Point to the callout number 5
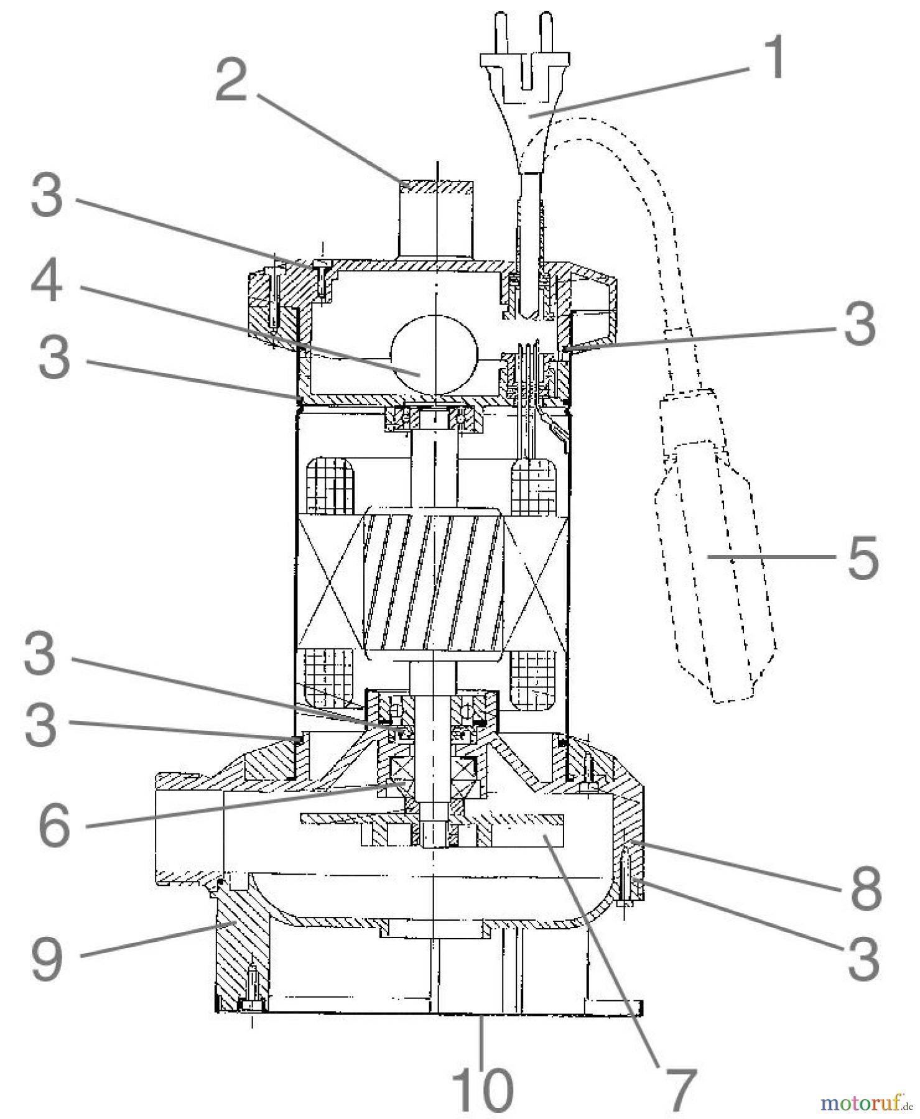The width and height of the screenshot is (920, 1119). (x=862, y=556)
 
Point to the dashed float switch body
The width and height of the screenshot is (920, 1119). (x=715, y=559)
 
